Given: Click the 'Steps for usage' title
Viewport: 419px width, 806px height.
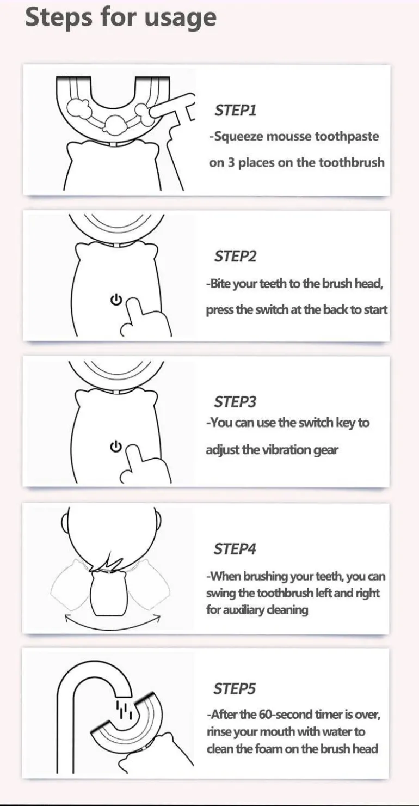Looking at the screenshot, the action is coord(121,17).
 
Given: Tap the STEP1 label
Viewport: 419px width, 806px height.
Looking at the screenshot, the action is coord(236,111).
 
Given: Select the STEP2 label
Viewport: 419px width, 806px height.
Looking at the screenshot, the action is coord(236,257).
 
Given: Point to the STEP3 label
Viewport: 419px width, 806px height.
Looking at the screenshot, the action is coord(235,402).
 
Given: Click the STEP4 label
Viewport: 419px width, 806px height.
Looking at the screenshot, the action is coord(235,549).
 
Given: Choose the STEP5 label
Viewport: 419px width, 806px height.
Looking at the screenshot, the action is coord(235,689).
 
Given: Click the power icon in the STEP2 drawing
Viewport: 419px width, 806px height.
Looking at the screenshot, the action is coord(116,300).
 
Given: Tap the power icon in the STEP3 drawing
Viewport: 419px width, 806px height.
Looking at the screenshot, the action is coord(116,446).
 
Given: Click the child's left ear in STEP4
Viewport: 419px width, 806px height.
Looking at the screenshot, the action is coord(65,521).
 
